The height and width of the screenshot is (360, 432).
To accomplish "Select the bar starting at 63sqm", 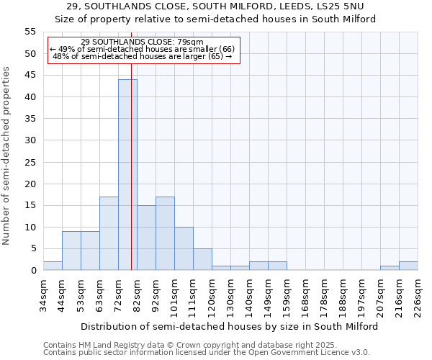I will click(x=109, y=233).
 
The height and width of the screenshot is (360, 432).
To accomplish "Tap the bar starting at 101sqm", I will click(x=184, y=248).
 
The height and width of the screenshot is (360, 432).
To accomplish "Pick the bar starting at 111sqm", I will click(x=202, y=259).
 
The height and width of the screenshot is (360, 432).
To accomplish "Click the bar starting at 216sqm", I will click(x=408, y=266).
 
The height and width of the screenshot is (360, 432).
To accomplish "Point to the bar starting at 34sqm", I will click(x=53, y=266).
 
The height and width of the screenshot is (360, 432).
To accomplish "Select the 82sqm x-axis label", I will click(x=137, y=293).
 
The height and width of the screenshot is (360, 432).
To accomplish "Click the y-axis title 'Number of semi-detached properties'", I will click(x=7, y=156).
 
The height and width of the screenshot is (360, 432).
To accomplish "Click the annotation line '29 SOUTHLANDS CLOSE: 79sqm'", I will click(x=143, y=42).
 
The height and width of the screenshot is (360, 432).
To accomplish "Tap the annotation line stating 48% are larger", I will click(x=143, y=56).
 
